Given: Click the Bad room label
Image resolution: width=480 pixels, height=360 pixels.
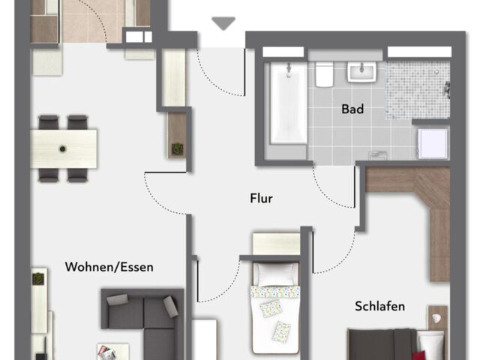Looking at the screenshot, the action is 352,109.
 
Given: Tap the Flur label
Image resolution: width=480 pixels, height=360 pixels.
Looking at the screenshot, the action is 261,198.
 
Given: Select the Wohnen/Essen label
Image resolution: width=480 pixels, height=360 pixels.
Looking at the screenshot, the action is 109,267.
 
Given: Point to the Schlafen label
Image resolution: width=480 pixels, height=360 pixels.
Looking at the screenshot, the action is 380,306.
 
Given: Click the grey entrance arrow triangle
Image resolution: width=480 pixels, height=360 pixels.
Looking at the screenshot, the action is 223,23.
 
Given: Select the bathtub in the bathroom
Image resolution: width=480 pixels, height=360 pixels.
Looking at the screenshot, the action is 288,103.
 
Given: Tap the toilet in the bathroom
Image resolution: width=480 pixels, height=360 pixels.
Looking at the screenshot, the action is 324,74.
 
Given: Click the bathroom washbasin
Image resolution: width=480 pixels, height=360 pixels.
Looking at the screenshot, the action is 361,72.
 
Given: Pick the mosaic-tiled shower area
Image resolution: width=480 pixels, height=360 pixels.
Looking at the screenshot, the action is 417,90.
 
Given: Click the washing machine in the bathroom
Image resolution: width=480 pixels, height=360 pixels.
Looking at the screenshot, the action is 433,144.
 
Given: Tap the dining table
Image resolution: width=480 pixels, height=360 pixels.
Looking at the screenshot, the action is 64,148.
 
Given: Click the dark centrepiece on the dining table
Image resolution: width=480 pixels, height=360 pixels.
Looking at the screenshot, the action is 62,149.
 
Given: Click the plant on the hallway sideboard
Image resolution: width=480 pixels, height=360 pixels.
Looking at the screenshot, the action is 177,148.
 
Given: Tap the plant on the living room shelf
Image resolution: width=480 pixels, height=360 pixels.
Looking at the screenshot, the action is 38,278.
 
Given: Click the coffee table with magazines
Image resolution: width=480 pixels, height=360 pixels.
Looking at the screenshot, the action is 113,352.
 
